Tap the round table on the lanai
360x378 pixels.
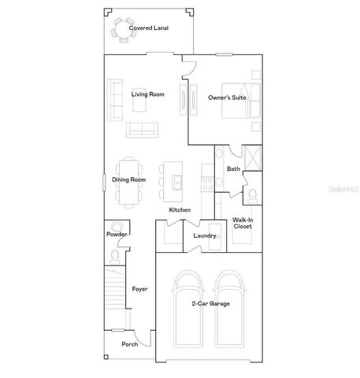tap(123, 31)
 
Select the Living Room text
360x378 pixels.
tap(147, 95)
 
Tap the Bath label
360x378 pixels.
tap(233, 169)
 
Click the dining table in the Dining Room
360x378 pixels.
tap(128, 180)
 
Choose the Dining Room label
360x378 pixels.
tap(128, 180)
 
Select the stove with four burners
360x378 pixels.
tap(206, 182)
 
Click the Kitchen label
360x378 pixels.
tap(180, 210)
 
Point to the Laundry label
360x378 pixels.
tap(204, 235)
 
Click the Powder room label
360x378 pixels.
tap(117, 234)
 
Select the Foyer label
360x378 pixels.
tap(139, 289)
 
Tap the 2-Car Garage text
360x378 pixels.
tap(210, 303)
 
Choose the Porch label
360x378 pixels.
tap(129, 344)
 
